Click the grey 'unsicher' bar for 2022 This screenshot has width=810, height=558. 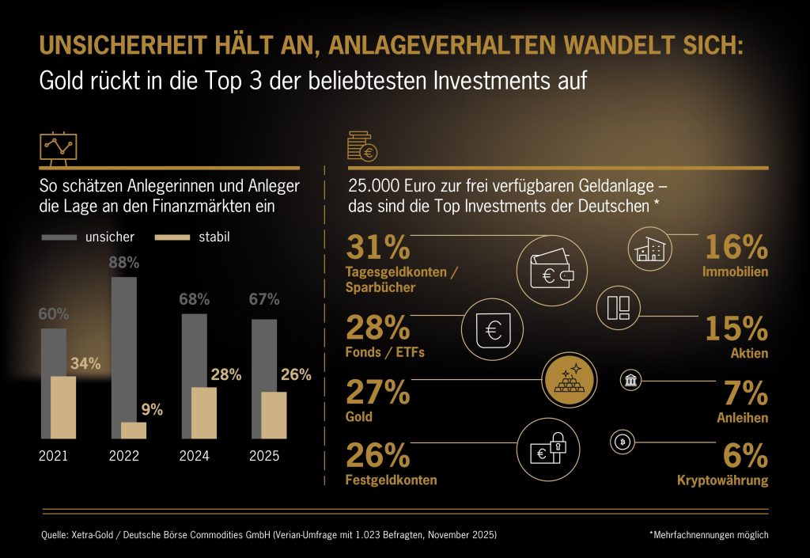[x=123, y=356]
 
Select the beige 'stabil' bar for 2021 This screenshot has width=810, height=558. [x=63, y=407]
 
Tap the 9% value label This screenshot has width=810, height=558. [x=152, y=409]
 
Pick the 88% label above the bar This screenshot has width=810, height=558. [x=123, y=262]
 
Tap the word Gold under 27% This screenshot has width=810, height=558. [x=359, y=416]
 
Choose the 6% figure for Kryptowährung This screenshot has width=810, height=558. [x=745, y=455]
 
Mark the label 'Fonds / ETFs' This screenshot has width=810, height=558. [x=385, y=352]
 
